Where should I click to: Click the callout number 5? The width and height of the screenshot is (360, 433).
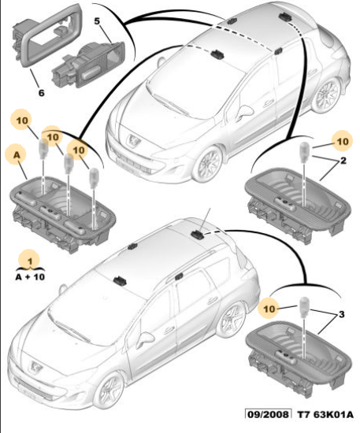[x=97, y=21]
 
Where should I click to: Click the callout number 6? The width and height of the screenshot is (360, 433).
[x=41, y=93]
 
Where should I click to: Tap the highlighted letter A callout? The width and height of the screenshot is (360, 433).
[x=17, y=155]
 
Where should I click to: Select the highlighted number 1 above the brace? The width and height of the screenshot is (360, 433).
[x=30, y=261]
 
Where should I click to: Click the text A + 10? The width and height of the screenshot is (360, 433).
[x=30, y=276]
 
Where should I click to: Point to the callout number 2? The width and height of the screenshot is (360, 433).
[x=343, y=161]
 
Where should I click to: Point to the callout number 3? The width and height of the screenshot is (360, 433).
[x=342, y=314]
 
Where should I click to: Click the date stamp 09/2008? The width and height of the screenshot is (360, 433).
[x=268, y=414]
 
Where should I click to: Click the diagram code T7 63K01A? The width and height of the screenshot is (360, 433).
[x=325, y=414]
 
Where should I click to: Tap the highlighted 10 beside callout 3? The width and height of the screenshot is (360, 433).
[x=269, y=309]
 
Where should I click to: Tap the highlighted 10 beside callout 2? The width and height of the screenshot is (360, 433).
[x=343, y=142]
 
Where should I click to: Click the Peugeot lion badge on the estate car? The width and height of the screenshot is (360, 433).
[x=35, y=367]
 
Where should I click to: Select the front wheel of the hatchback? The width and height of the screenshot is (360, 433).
[x=208, y=164]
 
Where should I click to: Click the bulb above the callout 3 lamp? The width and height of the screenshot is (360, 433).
[x=303, y=305]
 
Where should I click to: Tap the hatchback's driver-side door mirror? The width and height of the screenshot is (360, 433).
[x=246, y=112]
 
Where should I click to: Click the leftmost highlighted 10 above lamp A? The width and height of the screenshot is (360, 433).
[x=22, y=120]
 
